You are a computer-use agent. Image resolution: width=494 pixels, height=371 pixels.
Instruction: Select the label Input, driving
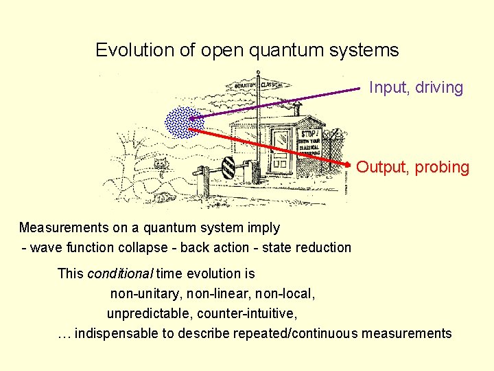click(416, 88)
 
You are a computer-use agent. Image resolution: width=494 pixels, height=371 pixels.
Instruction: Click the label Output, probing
click(413, 167)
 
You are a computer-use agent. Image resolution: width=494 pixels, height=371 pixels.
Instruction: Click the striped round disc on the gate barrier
click(228, 167)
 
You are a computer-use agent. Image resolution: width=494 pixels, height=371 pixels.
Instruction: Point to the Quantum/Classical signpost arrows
click(260, 85)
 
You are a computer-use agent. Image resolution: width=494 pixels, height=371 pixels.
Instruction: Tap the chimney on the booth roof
click(296, 108)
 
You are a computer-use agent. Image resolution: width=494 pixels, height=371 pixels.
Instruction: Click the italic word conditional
click(120, 273)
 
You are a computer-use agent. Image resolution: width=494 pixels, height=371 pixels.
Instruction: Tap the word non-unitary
click(143, 294)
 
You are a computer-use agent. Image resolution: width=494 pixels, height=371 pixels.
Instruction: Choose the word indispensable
click(117, 334)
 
